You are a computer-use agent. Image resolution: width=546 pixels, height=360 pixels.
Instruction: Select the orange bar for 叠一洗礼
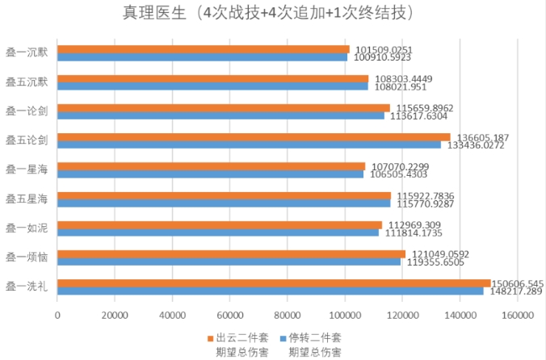[274, 283]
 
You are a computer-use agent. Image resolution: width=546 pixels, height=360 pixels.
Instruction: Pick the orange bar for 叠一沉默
[203, 49]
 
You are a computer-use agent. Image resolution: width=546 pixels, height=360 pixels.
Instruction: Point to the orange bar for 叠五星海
[224, 195]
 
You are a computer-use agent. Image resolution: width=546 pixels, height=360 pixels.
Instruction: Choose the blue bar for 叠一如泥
[218, 232]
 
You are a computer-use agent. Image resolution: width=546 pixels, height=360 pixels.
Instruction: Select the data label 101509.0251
[383, 49]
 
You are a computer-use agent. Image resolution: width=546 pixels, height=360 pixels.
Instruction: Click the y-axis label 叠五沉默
[27, 82]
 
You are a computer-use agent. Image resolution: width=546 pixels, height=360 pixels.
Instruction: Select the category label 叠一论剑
[27, 111]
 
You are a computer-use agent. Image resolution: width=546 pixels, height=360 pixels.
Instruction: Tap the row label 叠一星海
[27, 170]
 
